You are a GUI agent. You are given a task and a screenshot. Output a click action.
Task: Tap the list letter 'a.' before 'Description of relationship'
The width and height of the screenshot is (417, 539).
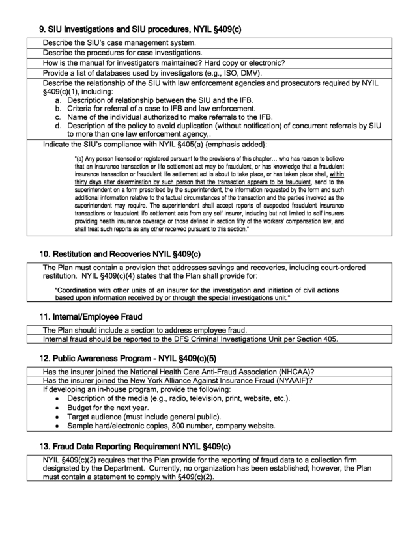pyautogui.click(x=58, y=100)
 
